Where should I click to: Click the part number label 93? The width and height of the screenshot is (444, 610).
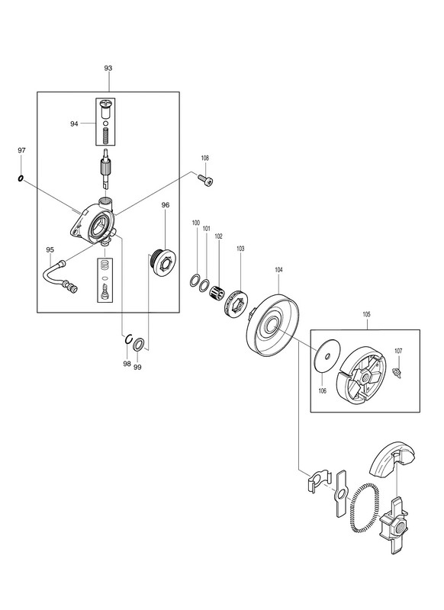(x=108, y=68)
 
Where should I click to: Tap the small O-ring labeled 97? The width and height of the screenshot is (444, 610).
(x=21, y=178)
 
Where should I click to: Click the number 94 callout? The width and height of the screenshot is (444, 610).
(x=74, y=124)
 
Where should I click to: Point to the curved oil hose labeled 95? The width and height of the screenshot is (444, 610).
(x=60, y=276)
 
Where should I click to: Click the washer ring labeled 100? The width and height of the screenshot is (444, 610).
(x=195, y=280)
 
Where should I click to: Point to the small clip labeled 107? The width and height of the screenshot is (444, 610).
(x=397, y=372)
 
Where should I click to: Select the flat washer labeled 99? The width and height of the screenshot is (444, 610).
(x=139, y=345)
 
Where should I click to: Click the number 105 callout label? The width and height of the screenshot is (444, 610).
(x=366, y=314)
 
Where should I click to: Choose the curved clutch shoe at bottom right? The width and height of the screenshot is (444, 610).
(x=392, y=460)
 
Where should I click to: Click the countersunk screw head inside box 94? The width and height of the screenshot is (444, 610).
(x=106, y=103)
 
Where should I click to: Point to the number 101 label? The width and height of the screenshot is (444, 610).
(x=206, y=229)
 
